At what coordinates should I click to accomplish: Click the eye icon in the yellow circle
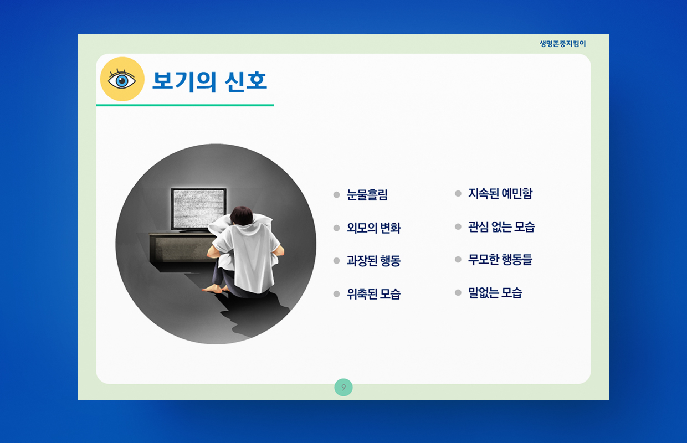[x=122, y=79]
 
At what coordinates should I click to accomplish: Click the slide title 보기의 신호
[x=209, y=81]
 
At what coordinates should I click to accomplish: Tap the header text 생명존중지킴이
[x=562, y=44]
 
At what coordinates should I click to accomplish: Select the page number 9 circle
[x=343, y=387]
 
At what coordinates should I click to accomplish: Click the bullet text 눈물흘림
[x=367, y=195]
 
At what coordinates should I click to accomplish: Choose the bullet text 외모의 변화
[x=373, y=228]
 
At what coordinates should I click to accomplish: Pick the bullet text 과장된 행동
[x=373, y=261]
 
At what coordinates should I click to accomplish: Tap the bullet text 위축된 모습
[x=373, y=293]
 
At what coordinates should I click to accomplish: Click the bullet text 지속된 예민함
[x=500, y=193]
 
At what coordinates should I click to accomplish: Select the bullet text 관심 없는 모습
[x=501, y=226]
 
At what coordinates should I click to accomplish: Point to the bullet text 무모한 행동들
[x=500, y=259]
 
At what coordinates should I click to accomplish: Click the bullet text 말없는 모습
[x=495, y=292]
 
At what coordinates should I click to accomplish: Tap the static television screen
[x=199, y=208]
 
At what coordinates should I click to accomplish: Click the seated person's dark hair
[x=242, y=215]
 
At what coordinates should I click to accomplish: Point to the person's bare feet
[x=216, y=289]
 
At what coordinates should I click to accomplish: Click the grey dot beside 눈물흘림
[x=336, y=195]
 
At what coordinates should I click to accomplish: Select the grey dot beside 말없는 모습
[x=458, y=292]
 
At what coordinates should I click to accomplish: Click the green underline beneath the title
[x=184, y=105]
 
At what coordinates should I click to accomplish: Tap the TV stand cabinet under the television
[x=181, y=247]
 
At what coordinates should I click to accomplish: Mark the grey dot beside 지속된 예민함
[x=458, y=193]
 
